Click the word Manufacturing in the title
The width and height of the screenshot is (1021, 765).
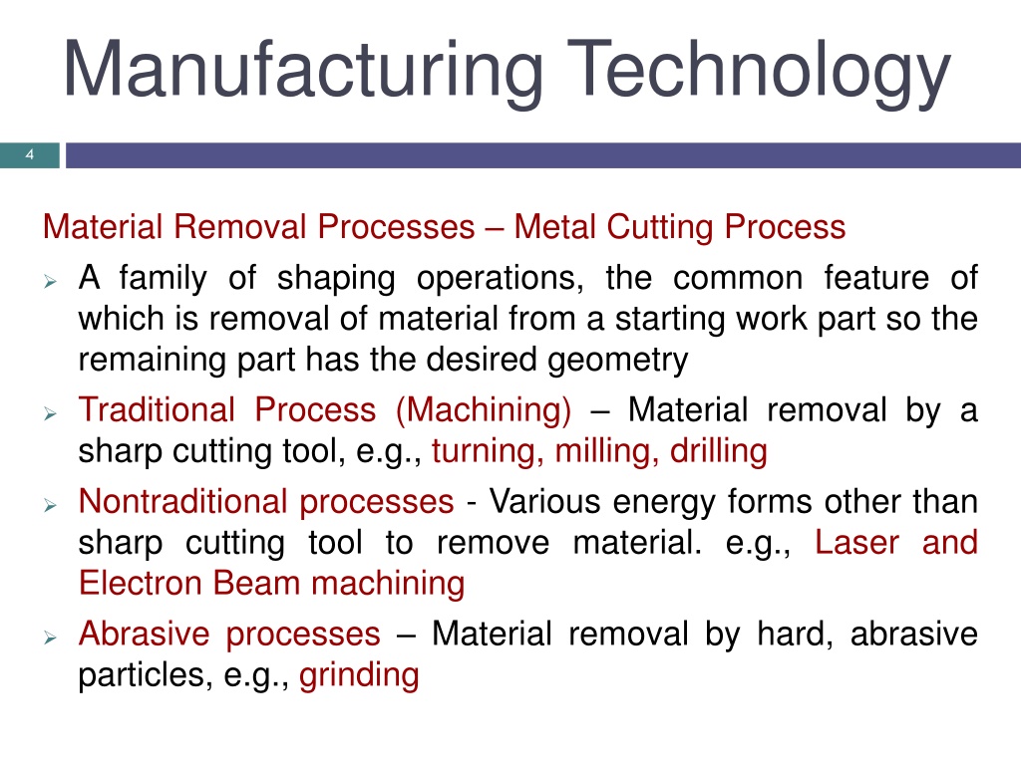(303, 71)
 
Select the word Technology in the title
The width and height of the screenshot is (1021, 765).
(759, 71)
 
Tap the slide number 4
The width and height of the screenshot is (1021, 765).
(29, 154)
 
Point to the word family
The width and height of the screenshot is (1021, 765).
(163, 279)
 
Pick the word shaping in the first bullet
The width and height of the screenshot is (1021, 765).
(336, 279)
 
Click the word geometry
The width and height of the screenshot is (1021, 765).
(617, 361)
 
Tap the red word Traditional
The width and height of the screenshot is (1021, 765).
(157, 409)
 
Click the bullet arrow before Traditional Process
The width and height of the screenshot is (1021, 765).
(50, 413)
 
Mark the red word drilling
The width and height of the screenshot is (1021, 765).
(719, 451)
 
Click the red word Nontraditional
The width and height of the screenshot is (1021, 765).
(183, 502)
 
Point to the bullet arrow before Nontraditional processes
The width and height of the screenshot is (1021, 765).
(50, 505)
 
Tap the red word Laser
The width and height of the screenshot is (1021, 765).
(856, 543)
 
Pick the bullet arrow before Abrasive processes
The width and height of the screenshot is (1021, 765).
(50, 637)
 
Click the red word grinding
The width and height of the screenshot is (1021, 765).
(359, 676)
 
